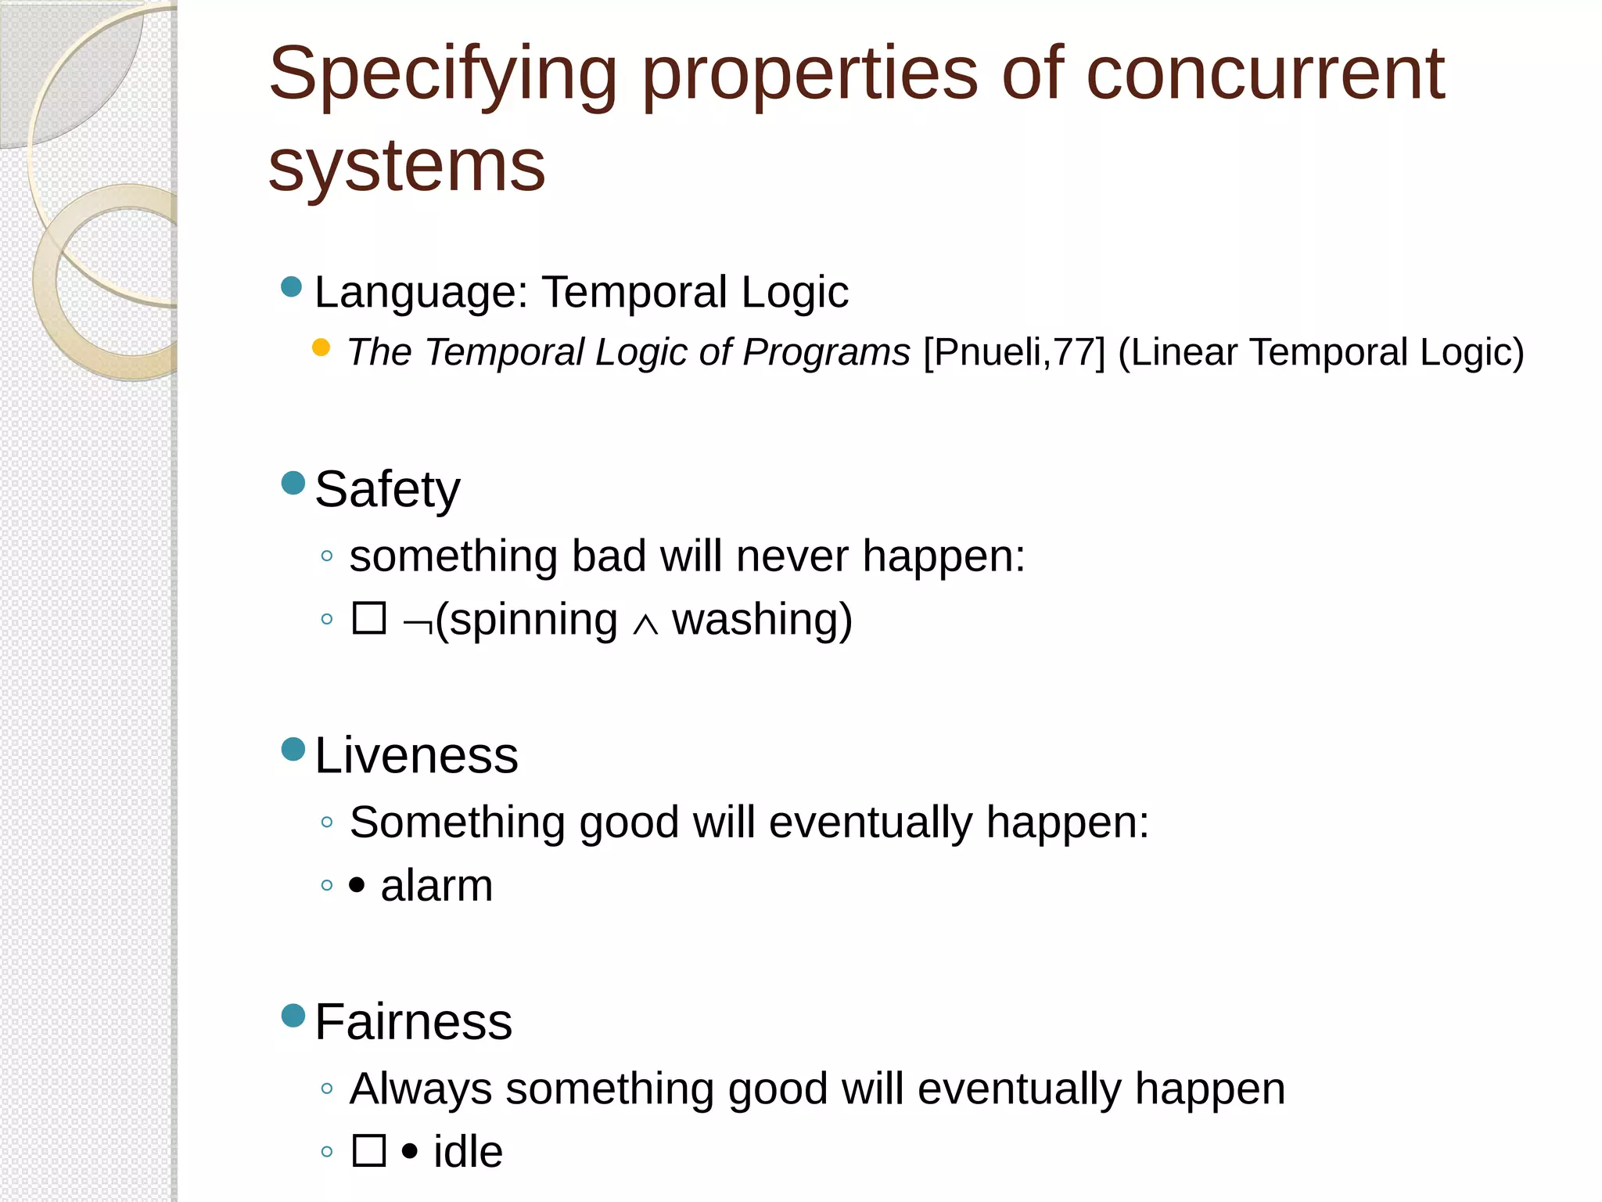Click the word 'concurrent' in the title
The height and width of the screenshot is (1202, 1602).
(1265, 74)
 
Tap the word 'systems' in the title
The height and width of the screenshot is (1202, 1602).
(406, 166)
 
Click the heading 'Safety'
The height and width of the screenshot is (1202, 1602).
(387, 490)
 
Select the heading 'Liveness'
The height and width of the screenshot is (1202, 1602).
(416, 756)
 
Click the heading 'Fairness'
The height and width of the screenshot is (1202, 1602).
(413, 1022)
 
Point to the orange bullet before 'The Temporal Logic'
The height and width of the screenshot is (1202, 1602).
(321, 347)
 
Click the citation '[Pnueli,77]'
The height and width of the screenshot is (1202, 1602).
(1014, 352)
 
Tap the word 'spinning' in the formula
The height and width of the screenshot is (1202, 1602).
(533, 620)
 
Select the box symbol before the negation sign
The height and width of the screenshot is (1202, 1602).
(369, 618)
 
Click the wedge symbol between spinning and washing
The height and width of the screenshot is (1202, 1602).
(645, 624)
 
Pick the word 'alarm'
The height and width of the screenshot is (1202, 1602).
(436, 886)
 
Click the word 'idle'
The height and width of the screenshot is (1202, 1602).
(468, 1152)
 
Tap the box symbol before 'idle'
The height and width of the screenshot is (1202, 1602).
(369, 1150)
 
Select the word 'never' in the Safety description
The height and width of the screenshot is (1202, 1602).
(792, 556)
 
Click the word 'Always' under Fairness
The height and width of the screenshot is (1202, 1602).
(421, 1089)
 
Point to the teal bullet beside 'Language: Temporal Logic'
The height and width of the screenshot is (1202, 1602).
(292, 286)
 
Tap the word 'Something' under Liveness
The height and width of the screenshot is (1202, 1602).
(457, 822)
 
